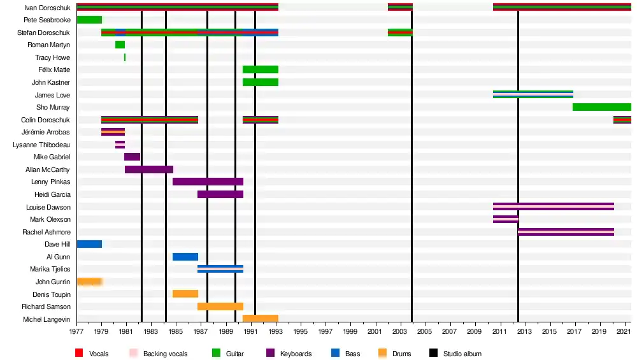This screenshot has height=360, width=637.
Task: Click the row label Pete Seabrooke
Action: (48, 20)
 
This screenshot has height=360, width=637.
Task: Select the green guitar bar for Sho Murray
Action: (601, 107)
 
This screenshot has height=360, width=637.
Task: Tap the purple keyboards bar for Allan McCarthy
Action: (149, 169)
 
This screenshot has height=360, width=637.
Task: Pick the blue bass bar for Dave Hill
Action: (89, 244)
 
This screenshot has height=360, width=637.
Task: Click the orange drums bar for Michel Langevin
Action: (260, 319)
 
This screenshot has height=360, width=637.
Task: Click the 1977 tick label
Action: (76, 332)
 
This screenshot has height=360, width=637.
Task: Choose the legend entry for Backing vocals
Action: (165, 354)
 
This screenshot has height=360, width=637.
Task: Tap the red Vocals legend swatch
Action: (79, 354)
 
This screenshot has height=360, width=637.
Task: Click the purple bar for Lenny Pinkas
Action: (208, 182)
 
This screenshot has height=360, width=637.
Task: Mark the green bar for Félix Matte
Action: (260, 69)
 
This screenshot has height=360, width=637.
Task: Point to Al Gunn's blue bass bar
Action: (185, 257)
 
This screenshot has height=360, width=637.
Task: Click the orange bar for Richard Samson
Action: (220, 306)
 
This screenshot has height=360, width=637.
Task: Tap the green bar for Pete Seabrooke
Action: (89, 20)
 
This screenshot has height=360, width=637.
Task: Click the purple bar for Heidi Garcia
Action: (220, 194)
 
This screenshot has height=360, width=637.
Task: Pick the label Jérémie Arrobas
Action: (46, 132)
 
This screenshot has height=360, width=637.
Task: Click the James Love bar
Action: (533, 94)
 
